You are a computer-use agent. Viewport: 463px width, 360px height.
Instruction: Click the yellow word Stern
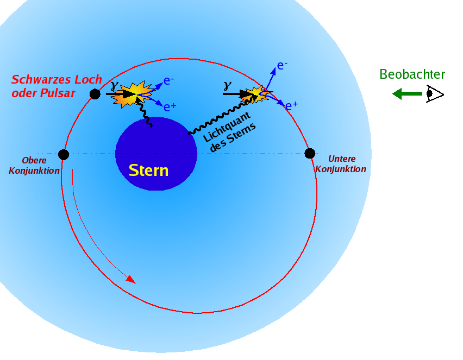point(148,170)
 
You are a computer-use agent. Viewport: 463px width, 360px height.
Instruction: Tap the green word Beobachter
point(412,74)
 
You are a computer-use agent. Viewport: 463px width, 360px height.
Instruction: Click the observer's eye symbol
point(435,94)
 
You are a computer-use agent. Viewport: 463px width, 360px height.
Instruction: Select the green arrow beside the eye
point(407,94)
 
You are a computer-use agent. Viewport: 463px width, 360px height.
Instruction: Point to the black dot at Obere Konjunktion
point(64,154)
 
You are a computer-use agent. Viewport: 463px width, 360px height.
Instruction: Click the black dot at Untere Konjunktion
point(310,154)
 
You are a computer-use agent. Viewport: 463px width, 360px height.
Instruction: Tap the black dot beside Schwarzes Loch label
point(95,94)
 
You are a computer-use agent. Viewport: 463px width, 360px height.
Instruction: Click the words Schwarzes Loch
point(57,79)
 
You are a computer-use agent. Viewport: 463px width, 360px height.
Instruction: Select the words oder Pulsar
point(43,93)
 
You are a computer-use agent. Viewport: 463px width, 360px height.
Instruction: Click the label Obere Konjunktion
point(34,166)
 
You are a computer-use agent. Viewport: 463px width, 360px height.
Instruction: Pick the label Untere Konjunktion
point(341,164)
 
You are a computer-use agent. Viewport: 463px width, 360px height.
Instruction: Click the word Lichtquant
point(227,127)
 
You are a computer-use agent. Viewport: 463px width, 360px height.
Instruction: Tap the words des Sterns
point(233,137)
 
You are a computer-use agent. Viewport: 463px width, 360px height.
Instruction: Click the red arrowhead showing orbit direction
point(131,280)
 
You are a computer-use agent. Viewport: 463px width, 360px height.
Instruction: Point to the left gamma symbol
point(115,86)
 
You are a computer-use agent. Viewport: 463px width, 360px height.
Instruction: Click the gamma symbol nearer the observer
point(227,86)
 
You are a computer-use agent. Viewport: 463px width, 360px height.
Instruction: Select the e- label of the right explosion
point(282,66)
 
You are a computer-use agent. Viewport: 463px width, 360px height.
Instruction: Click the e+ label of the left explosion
point(170,107)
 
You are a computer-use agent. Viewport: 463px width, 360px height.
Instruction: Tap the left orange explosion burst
point(133,94)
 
